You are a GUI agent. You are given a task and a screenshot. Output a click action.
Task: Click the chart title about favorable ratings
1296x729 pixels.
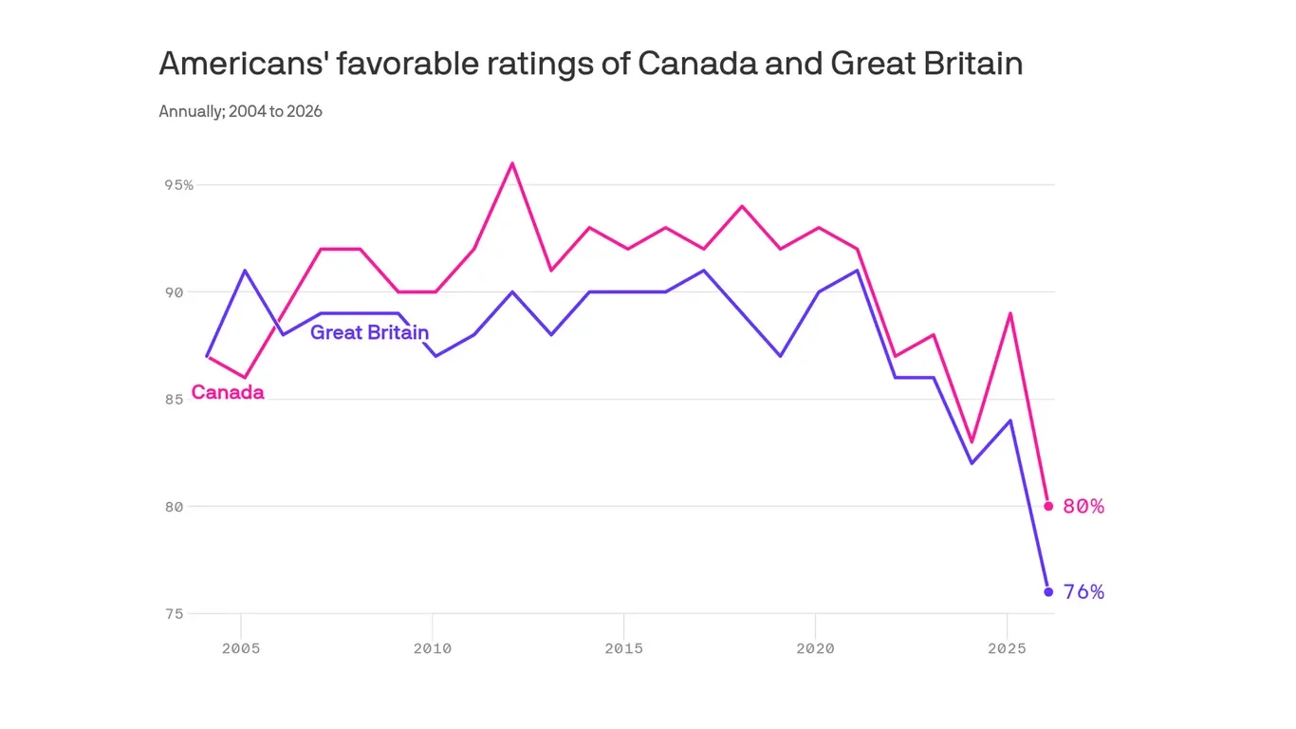pos(590,64)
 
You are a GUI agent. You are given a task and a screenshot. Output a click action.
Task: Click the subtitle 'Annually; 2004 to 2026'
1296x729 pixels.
pos(240,111)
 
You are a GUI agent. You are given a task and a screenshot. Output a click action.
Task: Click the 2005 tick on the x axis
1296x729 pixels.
pos(242,648)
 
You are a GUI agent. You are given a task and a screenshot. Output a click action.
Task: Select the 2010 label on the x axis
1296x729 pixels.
pos(433,648)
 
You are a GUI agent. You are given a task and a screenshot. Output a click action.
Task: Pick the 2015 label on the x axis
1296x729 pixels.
pos(623,648)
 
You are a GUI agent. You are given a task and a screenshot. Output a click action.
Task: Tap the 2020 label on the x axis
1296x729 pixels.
pos(815,648)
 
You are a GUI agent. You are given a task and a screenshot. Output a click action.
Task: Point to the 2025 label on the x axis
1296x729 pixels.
pos(1007,648)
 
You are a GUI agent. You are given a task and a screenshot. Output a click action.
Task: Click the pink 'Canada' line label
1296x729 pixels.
pos(228,392)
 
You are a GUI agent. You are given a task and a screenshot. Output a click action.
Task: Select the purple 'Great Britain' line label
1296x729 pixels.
pos(369,332)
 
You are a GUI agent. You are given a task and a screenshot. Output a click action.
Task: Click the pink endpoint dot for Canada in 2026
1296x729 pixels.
pos(1048,506)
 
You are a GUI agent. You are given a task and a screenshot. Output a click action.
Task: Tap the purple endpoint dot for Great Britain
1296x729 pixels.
pos(1048,591)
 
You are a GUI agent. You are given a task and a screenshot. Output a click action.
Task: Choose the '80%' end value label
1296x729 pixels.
pos(1083,507)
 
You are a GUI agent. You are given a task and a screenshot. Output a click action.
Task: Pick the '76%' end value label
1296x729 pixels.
pos(1083,592)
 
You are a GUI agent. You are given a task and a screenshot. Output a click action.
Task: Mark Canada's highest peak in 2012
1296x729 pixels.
pos(512,163)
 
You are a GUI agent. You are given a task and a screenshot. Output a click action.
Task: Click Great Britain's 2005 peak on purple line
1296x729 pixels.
pos(245,271)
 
